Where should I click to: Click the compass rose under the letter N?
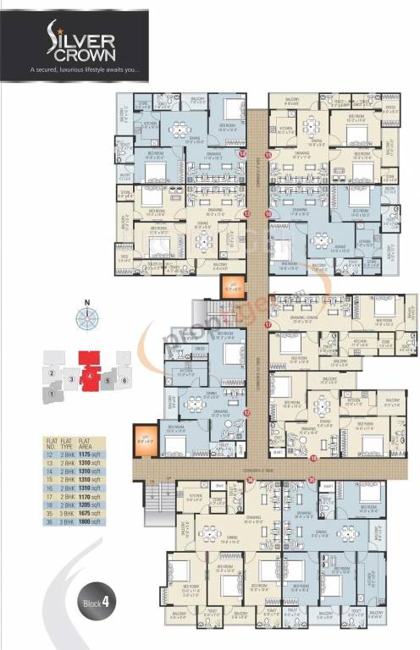(87, 320)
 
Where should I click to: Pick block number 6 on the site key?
(124, 380)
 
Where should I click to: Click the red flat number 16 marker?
(268, 215)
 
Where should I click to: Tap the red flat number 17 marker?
(268, 324)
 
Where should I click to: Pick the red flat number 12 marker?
(247, 413)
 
